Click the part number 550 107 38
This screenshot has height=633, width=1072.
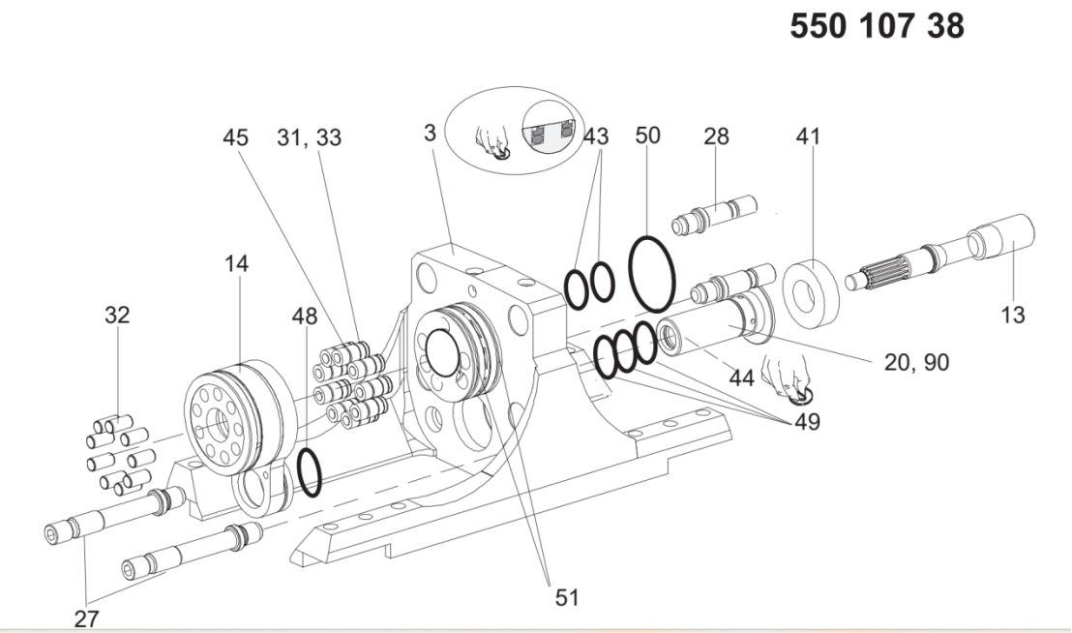click(878, 26)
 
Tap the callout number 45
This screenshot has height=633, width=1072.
click(235, 137)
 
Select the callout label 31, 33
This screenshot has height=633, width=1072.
click(309, 137)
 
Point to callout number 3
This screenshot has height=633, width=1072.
click(430, 133)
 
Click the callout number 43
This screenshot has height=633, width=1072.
click(595, 136)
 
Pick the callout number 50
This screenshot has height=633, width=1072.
click(647, 136)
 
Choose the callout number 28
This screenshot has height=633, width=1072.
click(717, 136)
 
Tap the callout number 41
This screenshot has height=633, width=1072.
click(808, 136)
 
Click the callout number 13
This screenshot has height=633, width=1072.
click(1013, 316)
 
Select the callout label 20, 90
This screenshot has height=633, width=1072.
click(917, 362)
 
